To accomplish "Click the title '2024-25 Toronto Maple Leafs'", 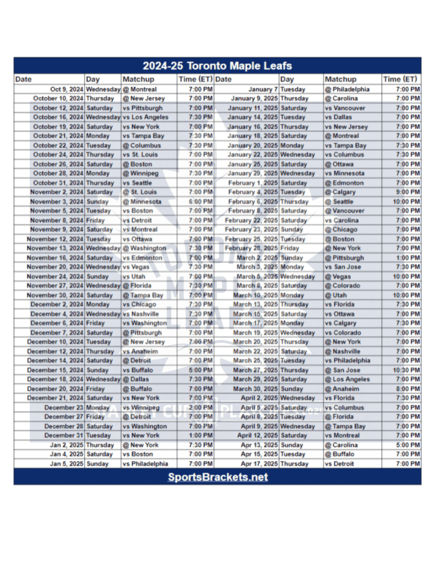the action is [217, 66].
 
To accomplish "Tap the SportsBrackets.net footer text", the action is [217, 477].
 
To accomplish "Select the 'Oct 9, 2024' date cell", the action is [66, 89].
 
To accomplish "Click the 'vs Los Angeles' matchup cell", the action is [145, 117].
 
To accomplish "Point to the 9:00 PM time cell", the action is [408, 192].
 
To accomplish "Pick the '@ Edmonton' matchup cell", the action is [344, 183].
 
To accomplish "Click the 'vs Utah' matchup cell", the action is [134, 277].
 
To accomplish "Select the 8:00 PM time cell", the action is [408, 389].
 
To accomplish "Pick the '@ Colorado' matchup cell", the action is [342, 286].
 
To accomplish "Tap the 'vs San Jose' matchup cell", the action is [343, 267].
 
